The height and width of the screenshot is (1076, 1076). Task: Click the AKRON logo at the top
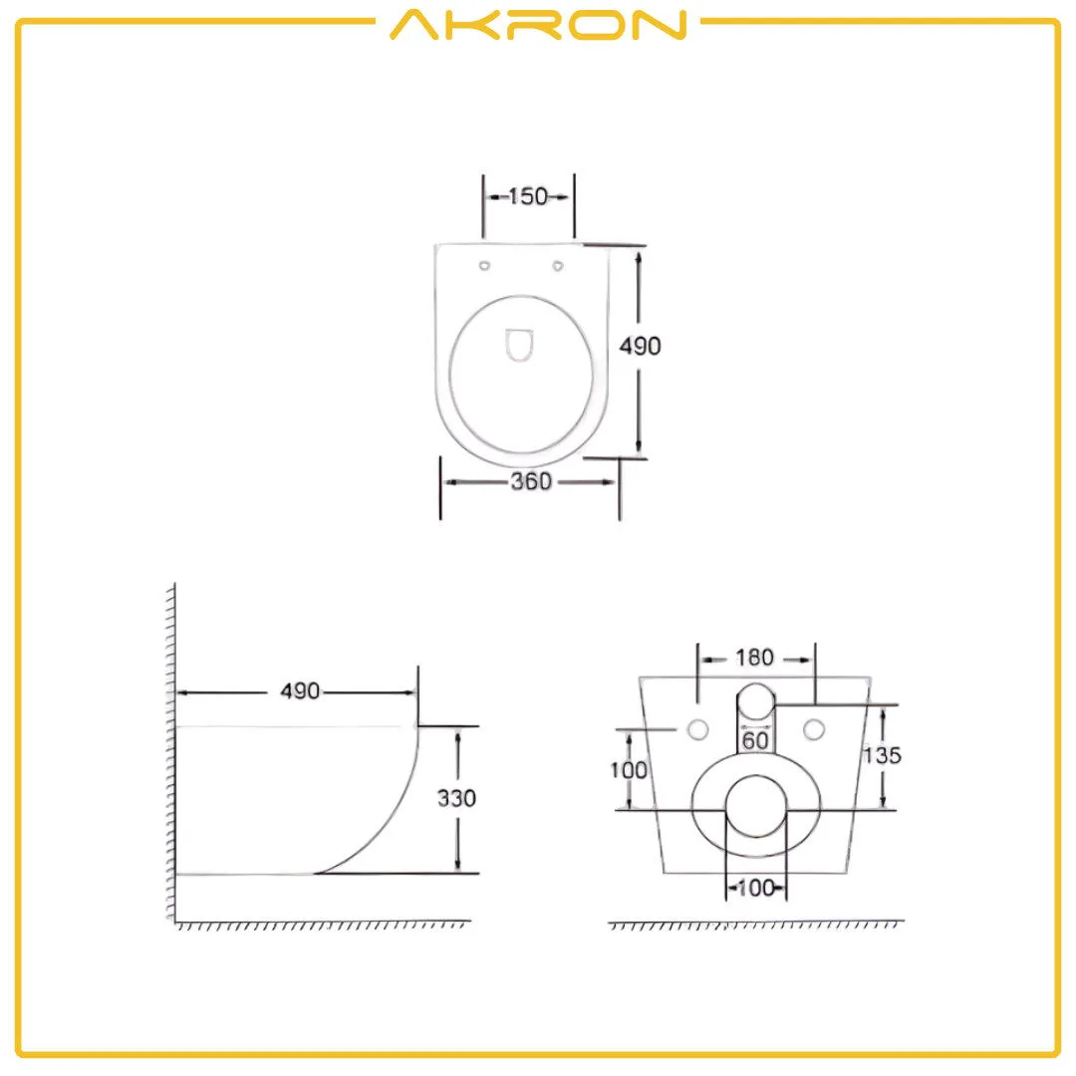click(x=538, y=25)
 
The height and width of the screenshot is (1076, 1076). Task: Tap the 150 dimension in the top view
click(x=528, y=196)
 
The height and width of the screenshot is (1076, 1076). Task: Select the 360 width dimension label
click(x=530, y=482)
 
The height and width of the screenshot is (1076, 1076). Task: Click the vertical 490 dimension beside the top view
click(x=640, y=346)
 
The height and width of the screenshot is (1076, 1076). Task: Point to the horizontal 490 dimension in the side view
click(x=299, y=691)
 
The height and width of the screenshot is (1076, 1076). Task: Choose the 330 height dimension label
click(x=456, y=798)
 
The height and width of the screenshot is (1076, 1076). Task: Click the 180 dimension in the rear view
click(x=754, y=658)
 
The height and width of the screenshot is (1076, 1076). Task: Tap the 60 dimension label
click(x=754, y=740)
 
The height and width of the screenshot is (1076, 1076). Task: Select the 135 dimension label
click(x=882, y=755)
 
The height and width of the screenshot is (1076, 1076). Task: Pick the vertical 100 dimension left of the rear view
click(x=629, y=770)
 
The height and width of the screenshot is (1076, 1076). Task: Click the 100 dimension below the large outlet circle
click(x=755, y=888)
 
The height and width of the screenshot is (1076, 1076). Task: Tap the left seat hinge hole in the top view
click(x=485, y=266)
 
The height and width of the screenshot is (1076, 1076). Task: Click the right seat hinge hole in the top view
click(x=558, y=266)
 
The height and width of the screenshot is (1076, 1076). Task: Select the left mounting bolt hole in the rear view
click(x=696, y=728)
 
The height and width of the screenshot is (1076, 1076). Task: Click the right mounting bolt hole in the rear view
click(x=815, y=728)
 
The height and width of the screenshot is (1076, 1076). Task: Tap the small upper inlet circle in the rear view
click(x=756, y=701)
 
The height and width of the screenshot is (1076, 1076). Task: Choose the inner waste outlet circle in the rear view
click(x=755, y=808)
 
